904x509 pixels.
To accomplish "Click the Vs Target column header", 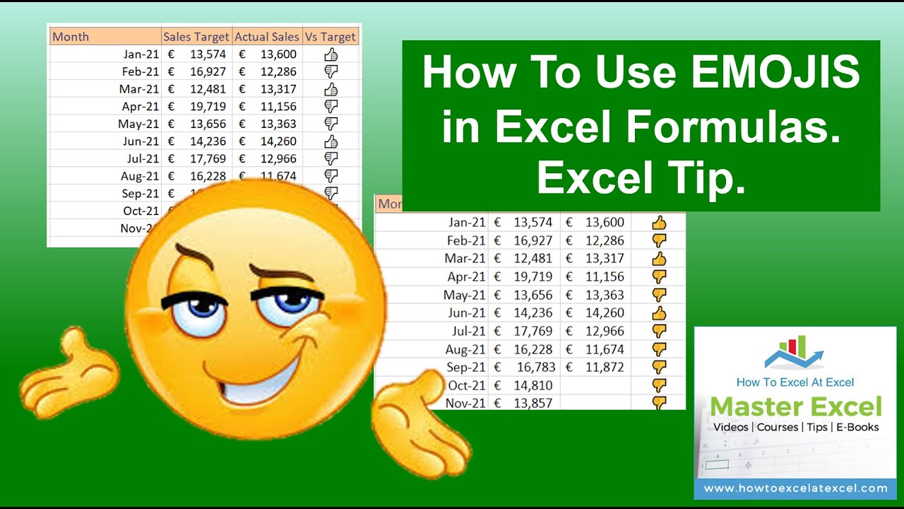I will [x=331, y=37].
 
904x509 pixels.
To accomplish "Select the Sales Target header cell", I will [x=196, y=37].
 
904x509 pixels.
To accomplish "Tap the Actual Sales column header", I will [x=267, y=37].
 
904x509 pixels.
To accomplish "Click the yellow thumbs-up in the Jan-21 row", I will [x=659, y=223].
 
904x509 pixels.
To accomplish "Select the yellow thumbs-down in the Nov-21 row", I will [x=659, y=403].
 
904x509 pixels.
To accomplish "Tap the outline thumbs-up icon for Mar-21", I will [x=331, y=89].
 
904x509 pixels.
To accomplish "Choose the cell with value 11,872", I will [x=602, y=367].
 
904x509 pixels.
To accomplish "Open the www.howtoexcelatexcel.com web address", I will [x=795, y=488].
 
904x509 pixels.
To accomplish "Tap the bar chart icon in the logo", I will [x=794, y=350].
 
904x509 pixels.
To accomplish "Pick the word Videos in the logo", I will [x=730, y=427].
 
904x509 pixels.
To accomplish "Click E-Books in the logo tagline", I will [x=858, y=427].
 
